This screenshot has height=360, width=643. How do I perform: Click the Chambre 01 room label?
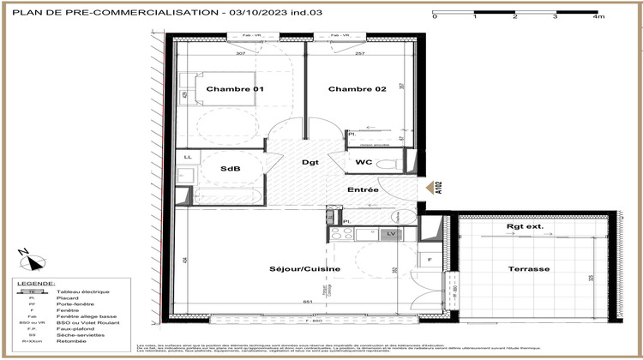pyautogui.click(x=227, y=89)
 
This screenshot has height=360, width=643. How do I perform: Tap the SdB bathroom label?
pyautogui.click(x=229, y=168)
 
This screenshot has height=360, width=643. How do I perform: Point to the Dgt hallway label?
pyautogui.click(x=310, y=163)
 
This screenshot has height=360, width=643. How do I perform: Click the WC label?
pyautogui.click(x=364, y=163)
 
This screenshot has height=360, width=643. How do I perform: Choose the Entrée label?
pyautogui.click(x=363, y=189)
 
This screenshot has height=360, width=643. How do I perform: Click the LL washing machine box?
pyautogui.click(x=187, y=157)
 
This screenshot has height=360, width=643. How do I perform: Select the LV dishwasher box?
pyautogui.click(x=391, y=233)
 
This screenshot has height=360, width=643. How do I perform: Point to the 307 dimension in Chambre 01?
pyautogui.click(x=241, y=54)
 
